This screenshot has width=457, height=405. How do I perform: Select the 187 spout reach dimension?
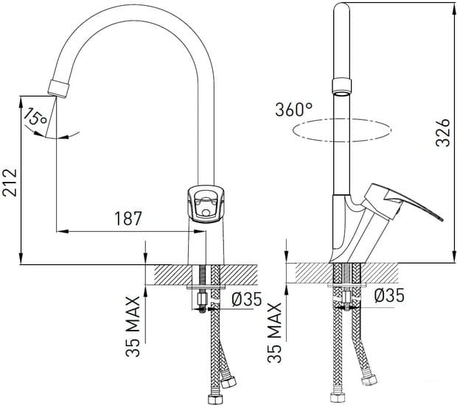click(x=128, y=219)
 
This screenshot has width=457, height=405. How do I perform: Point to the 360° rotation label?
click(x=294, y=110)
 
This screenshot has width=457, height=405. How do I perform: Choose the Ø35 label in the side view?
click(x=388, y=296)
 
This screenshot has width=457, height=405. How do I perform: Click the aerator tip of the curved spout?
click(x=58, y=87)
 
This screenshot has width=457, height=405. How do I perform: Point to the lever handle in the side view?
click(x=405, y=205)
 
